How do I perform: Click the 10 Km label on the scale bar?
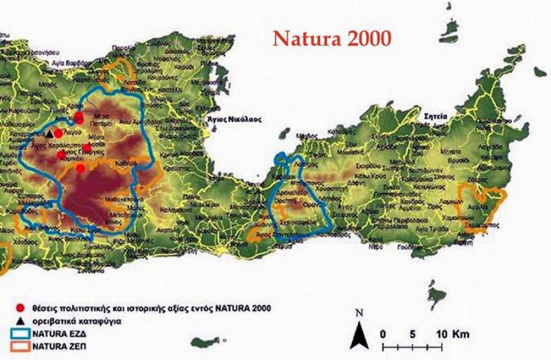[x=452, y=334]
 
